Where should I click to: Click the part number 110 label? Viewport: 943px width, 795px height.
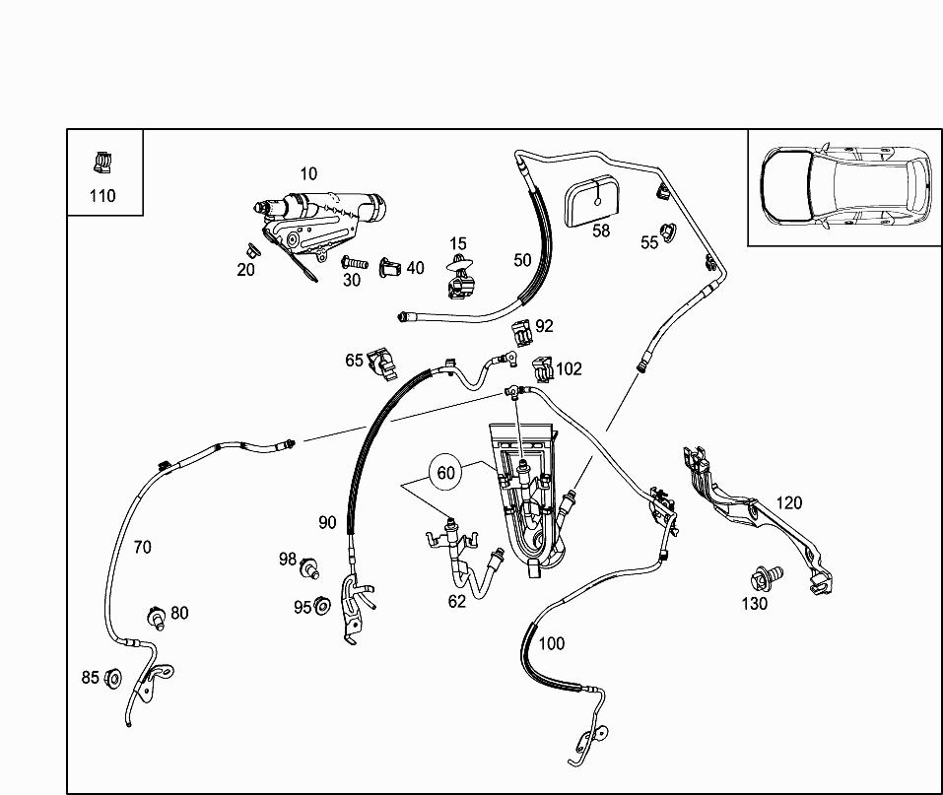pyautogui.click(x=102, y=195)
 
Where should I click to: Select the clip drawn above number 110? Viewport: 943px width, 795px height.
pyautogui.click(x=102, y=161)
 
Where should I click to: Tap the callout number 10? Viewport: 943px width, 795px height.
pyautogui.click(x=308, y=174)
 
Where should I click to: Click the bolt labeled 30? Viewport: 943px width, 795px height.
pyautogui.click(x=354, y=264)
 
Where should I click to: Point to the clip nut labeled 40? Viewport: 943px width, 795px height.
pyautogui.click(x=390, y=266)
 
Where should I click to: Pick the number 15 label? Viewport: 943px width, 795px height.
pyautogui.click(x=458, y=243)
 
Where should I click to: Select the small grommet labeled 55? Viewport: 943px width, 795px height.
pyautogui.click(x=670, y=233)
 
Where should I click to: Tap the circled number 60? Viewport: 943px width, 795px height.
pyautogui.click(x=446, y=473)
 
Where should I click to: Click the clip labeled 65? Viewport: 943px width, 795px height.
pyautogui.click(x=380, y=362)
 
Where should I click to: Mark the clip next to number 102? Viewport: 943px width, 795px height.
pyautogui.click(x=542, y=369)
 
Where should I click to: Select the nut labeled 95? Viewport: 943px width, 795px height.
pyautogui.click(x=321, y=606)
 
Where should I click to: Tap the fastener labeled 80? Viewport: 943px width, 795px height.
pyautogui.click(x=156, y=616)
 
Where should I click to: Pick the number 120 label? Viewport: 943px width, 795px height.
pyautogui.click(x=788, y=502)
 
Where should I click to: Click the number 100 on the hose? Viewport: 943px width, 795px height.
pyautogui.click(x=552, y=643)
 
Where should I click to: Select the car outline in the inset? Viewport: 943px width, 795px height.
pyautogui.click(x=845, y=186)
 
